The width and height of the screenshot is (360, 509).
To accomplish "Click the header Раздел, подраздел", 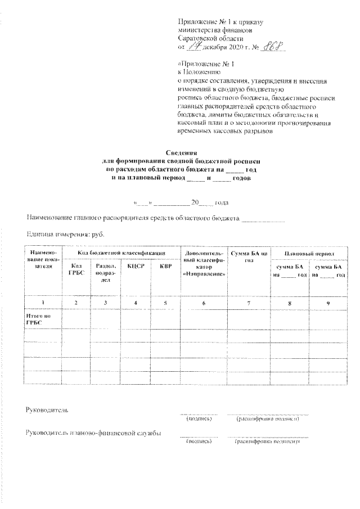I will (x=105, y=272).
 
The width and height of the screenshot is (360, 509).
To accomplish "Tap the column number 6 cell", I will (x=204, y=303).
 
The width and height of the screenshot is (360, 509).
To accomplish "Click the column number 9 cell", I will (x=330, y=303).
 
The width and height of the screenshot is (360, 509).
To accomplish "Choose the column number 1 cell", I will (x=43, y=303).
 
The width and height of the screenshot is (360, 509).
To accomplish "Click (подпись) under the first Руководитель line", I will (x=199, y=418).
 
